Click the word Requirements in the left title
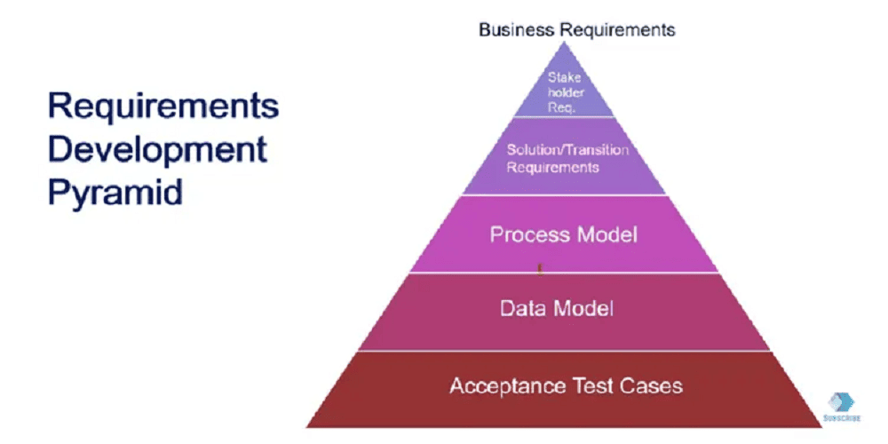point(163,107)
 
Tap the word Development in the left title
point(157,148)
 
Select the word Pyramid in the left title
point(115,191)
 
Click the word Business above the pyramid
point(513,29)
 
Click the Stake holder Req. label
point(564,92)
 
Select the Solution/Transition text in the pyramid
point(567,149)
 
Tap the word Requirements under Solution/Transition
point(552,167)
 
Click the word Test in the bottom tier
point(588,386)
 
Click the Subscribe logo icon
point(841,400)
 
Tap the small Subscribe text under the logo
point(841,416)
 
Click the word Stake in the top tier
point(564,78)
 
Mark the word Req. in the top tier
point(561,106)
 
